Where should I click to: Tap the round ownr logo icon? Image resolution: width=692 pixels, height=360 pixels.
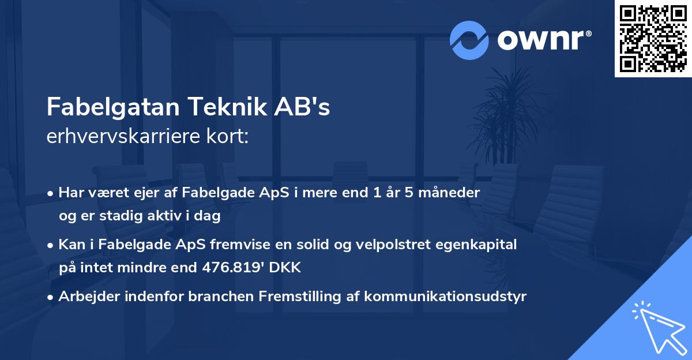point(469,40)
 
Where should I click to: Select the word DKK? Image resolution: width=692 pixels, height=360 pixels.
point(287,268)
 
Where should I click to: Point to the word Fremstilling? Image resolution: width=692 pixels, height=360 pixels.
point(295,297)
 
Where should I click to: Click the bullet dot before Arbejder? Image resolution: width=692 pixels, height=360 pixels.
point(51,297)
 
